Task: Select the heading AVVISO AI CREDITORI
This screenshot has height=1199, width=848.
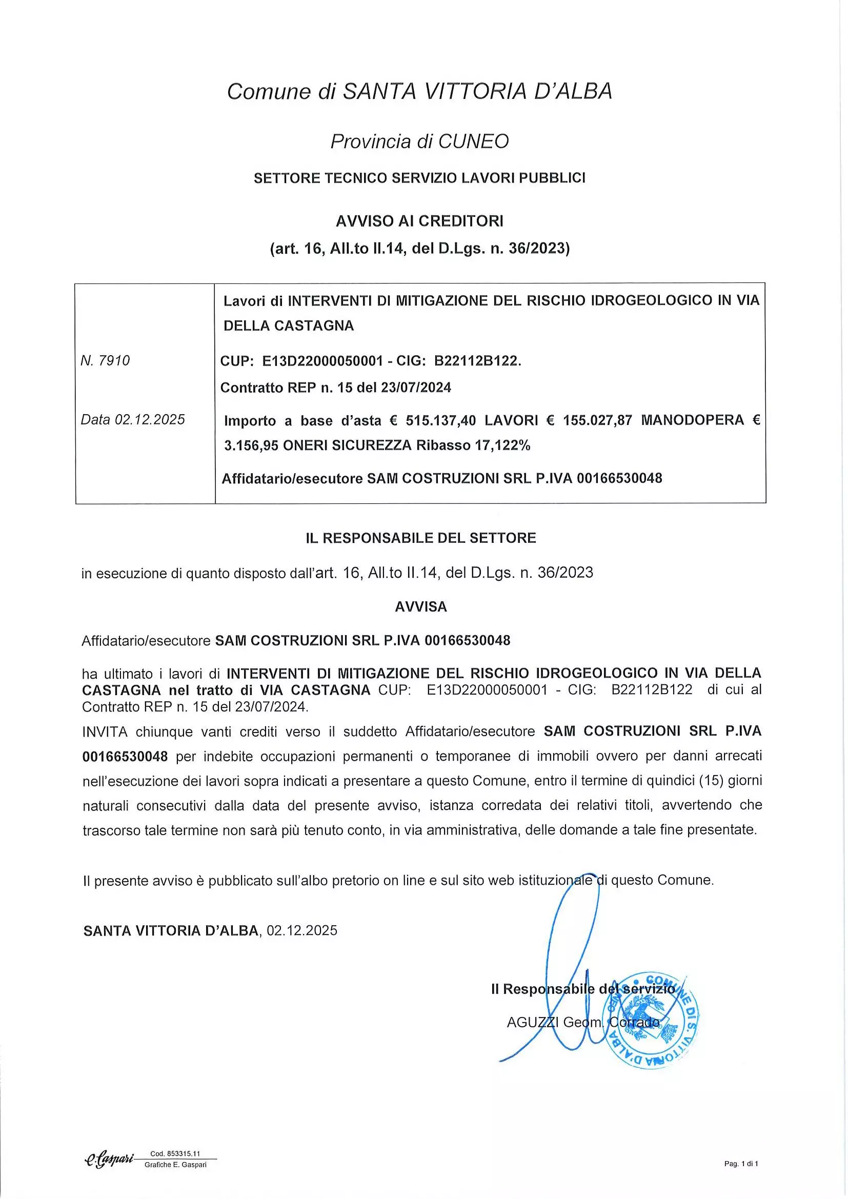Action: [419, 221]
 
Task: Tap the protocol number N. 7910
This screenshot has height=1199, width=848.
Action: [106, 361]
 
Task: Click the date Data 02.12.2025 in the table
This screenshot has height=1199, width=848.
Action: [133, 420]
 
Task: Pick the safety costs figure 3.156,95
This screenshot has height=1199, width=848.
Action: [250, 446]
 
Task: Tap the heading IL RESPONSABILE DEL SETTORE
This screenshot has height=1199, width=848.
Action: [421, 538]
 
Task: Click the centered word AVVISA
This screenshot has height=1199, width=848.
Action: [421, 607]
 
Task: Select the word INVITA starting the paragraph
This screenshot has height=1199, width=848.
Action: [105, 731]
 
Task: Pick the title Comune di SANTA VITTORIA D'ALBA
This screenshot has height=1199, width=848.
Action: [419, 91]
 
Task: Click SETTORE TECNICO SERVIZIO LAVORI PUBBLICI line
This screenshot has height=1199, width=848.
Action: [419, 178]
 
